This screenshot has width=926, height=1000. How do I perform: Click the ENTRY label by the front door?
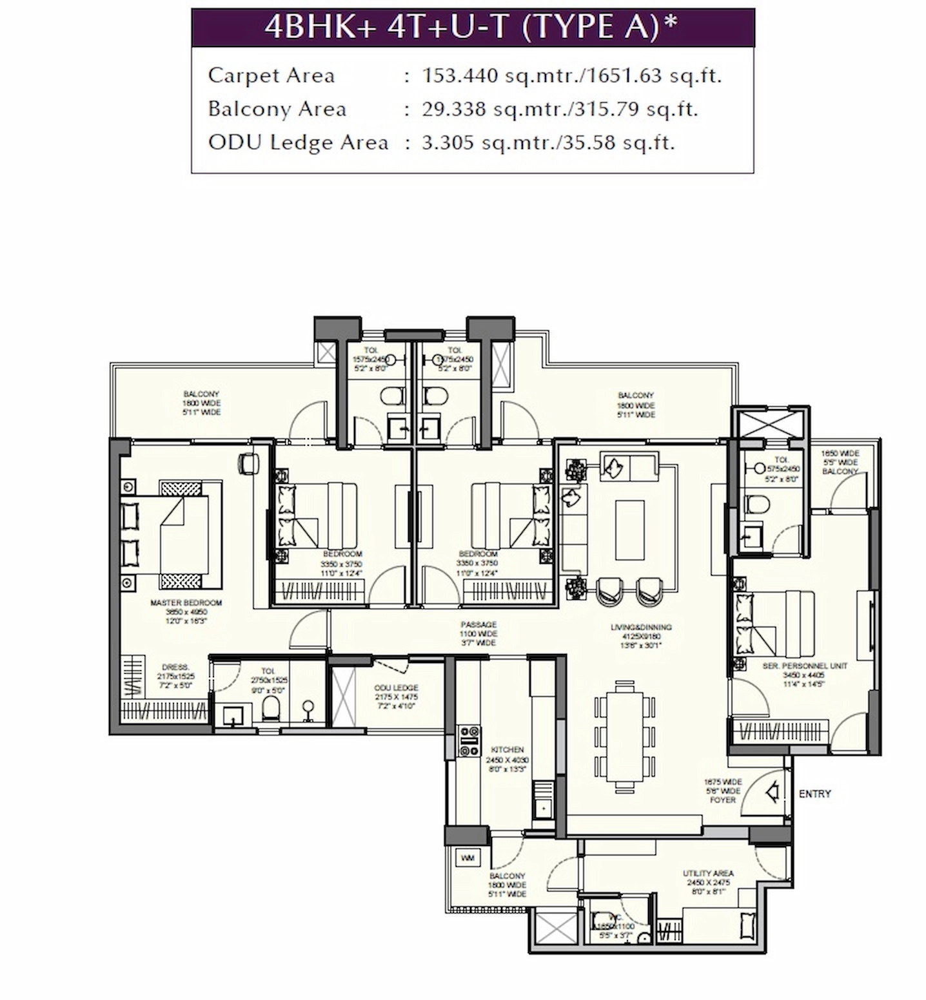[x=814, y=794]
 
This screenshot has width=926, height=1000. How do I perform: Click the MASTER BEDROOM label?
[x=186, y=603]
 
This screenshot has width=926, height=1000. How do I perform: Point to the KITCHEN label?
[x=507, y=750]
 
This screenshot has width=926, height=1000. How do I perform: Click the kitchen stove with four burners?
[x=469, y=741]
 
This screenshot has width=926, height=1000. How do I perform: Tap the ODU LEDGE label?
[x=396, y=687]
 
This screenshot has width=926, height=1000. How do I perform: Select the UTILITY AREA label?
[x=708, y=873]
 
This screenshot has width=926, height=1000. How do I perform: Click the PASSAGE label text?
[x=478, y=624]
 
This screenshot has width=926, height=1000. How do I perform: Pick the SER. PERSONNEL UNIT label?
[x=804, y=666]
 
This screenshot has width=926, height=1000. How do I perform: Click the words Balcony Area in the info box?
[x=277, y=109]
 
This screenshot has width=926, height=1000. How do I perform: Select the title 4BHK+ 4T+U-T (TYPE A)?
[x=471, y=27]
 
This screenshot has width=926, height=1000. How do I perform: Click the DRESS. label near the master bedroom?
[x=175, y=668]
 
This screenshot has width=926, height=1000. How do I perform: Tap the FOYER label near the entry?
[x=722, y=800]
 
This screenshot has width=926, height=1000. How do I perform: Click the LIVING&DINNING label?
[x=641, y=627]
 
